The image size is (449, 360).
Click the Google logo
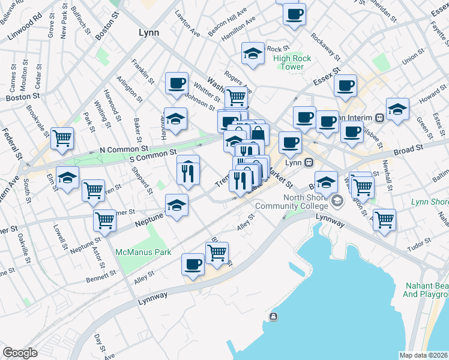[20, 353]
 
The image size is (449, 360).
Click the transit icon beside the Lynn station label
[309, 162]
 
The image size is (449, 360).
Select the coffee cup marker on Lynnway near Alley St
[193, 263]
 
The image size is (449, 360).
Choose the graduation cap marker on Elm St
[68, 178]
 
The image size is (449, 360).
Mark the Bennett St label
[100, 275]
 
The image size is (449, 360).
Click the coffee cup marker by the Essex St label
[345, 85]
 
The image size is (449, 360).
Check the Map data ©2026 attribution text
[424, 355]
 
